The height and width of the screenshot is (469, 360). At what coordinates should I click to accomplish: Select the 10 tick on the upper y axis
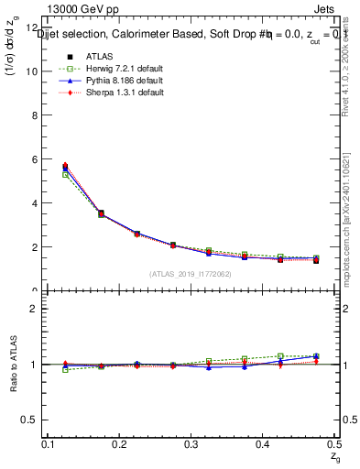(35, 71)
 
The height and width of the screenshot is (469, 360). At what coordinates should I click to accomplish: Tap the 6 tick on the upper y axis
(37, 159)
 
